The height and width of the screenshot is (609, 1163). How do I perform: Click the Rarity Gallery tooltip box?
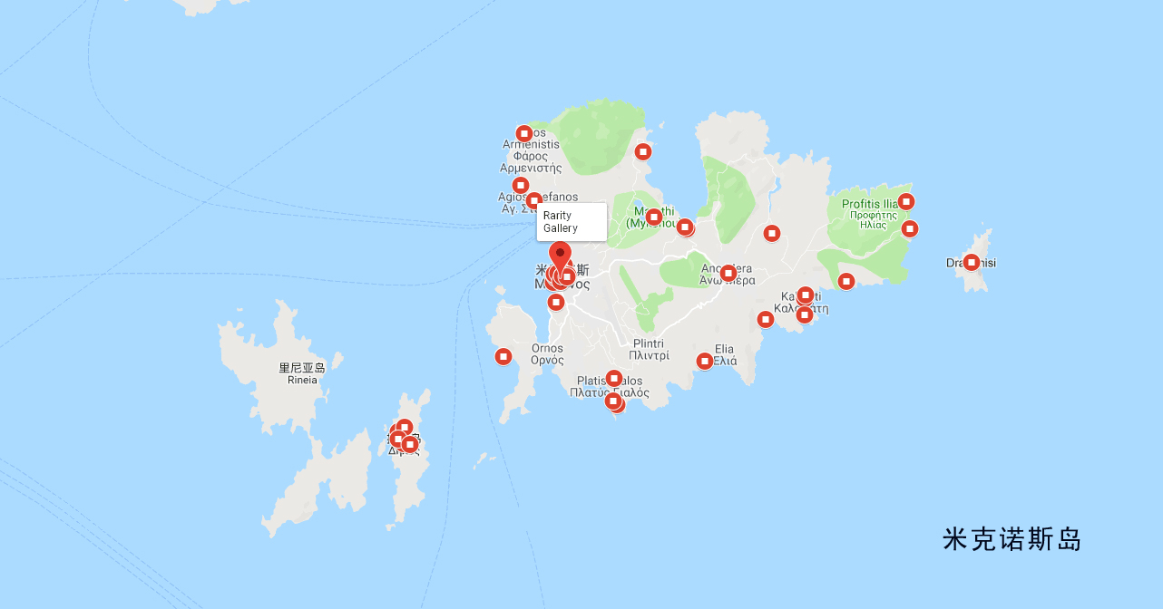point(572,222)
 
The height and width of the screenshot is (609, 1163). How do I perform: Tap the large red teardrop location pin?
point(561,256)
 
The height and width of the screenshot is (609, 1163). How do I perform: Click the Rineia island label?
point(302,373)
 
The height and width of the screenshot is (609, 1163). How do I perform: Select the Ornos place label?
point(547,353)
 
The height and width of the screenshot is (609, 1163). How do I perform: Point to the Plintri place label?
point(649,350)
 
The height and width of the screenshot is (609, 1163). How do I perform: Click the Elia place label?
point(725,354)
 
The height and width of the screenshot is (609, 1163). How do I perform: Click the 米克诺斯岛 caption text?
point(1012,540)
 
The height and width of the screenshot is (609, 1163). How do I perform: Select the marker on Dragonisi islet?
point(972,263)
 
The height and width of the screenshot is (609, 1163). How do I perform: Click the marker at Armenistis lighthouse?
point(523,134)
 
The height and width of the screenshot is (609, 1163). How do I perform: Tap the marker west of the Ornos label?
point(503,357)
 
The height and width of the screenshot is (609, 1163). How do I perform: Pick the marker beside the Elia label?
point(705,362)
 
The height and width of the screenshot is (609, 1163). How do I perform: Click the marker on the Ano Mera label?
point(728,273)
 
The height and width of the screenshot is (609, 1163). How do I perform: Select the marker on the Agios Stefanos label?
point(533,200)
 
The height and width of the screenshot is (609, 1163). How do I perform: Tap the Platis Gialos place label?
point(610,387)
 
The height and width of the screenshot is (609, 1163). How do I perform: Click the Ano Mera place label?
point(727,275)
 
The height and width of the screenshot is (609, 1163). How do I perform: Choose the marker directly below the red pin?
point(556,302)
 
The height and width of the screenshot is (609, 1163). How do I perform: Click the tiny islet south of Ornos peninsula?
point(480,460)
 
